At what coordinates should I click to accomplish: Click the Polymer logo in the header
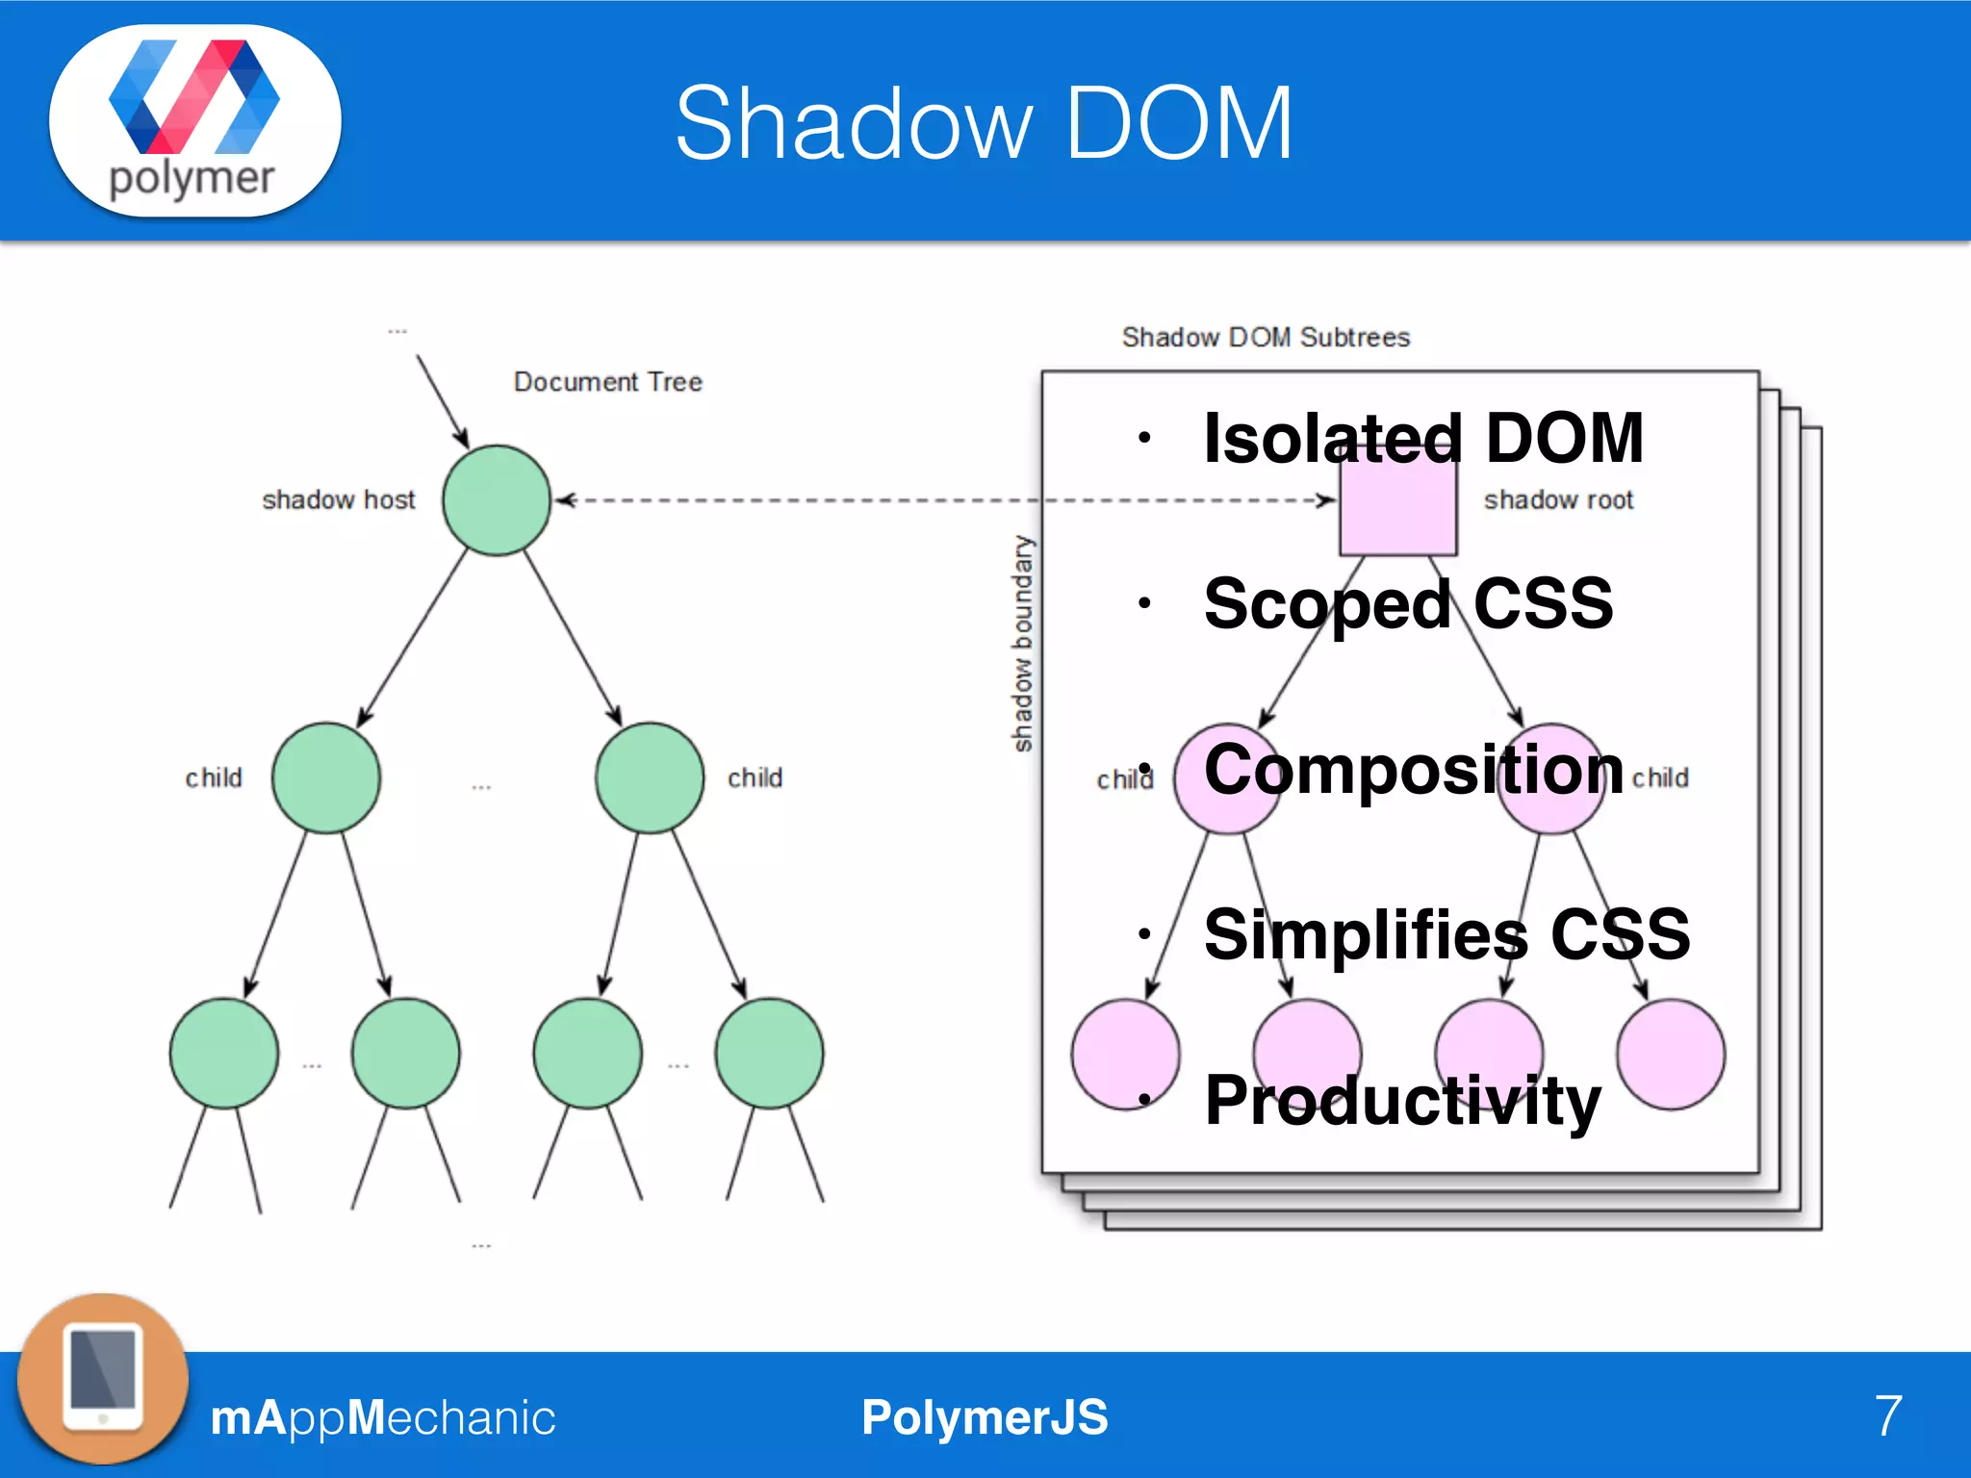click(x=194, y=119)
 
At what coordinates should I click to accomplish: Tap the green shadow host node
click(x=497, y=500)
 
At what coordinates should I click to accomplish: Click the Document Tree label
click(x=607, y=382)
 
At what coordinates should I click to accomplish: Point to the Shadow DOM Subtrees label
click(x=1265, y=338)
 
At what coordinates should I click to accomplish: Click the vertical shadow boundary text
click(x=1022, y=643)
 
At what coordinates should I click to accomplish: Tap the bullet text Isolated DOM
click(x=1422, y=439)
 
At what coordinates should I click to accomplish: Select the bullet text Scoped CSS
click(x=1407, y=604)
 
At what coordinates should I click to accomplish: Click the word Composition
click(x=1413, y=770)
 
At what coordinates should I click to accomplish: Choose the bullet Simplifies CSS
click(x=1446, y=934)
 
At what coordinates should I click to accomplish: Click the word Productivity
click(x=1401, y=1100)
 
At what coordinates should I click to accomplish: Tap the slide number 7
click(x=1887, y=1416)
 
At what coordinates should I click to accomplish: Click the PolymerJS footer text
click(x=984, y=1417)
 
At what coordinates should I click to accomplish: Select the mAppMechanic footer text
click(x=382, y=1417)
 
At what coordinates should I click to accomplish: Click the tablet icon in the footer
click(x=103, y=1378)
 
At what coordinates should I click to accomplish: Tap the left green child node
click(x=326, y=777)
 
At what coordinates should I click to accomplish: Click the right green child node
click(x=650, y=777)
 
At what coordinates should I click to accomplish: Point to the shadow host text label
click(x=338, y=500)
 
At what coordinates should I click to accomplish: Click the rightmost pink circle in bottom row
click(x=1671, y=1055)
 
